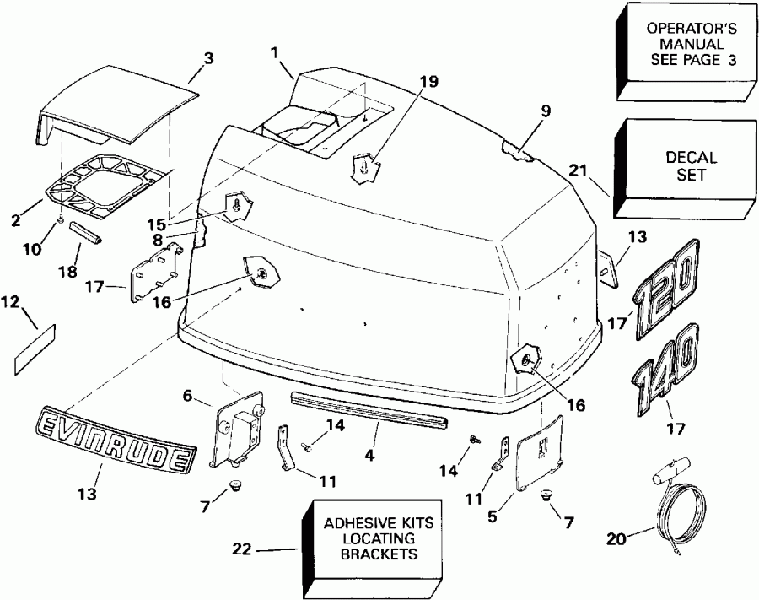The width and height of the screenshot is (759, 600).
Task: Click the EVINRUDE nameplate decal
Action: pos(113,436)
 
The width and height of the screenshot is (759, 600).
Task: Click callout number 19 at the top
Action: pos(430,81)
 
